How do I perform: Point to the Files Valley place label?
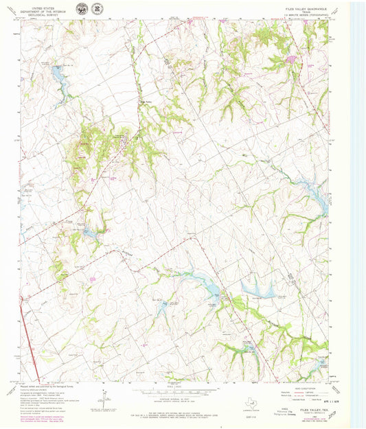[145, 102]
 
